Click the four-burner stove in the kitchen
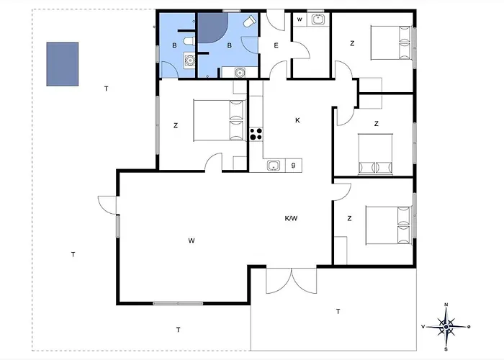[256, 134]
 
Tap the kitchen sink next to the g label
[274, 166]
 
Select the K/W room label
[291, 219]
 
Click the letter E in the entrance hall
[276, 45]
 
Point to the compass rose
[446, 327]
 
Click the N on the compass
[446, 305]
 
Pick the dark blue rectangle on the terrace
[63, 64]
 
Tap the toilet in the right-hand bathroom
[249, 22]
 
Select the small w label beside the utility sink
[300, 19]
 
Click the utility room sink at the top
[318, 19]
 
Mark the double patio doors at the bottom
[292, 281]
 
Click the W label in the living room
[192, 240]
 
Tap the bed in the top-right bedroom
[391, 42]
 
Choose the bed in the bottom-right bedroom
[389, 225]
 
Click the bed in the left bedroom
[220, 120]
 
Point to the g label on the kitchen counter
[293, 165]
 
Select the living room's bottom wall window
[178, 303]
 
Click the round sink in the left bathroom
[189, 60]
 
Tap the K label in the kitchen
[297, 120]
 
